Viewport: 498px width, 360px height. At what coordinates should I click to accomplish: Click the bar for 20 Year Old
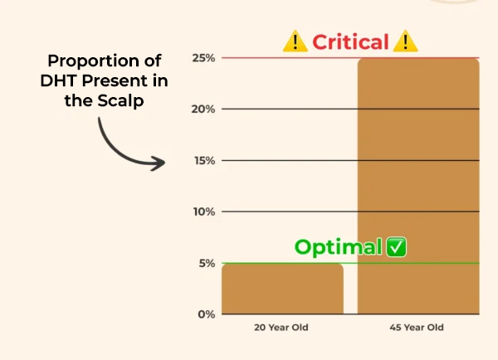coord(282,289)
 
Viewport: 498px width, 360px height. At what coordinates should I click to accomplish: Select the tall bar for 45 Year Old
coord(418,186)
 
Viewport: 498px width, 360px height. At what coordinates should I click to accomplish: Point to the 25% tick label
coord(203,58)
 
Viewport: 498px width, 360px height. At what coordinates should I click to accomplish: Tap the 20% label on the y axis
coord(203,109)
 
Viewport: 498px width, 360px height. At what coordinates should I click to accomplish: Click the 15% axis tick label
coord(204,161)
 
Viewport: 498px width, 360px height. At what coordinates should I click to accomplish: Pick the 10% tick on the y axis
coord(204,212)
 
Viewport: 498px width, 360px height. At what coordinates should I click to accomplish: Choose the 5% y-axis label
coord(207,263)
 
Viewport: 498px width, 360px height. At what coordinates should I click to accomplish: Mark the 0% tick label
coord(207,314)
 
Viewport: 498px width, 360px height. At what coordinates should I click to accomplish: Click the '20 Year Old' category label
coord(281,328)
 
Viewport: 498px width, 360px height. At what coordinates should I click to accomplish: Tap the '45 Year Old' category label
coord(417,328)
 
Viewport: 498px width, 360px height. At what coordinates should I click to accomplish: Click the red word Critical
coord(350,42)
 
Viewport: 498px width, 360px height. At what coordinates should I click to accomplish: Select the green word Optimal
coord(339,247)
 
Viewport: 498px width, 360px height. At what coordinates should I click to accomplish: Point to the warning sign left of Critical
coord(295,41)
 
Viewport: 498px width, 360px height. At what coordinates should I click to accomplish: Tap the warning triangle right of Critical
coord(405,41)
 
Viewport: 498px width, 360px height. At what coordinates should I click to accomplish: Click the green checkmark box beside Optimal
coord(397,247)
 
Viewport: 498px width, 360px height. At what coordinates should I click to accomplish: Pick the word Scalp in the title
coord(120,101)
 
